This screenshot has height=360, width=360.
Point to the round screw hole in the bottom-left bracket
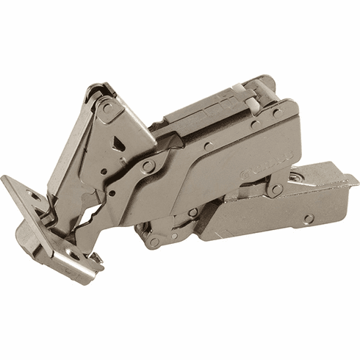coord(73,255)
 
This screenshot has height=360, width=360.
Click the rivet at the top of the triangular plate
coord(107,108)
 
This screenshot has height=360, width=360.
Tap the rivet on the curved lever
coord(149,168)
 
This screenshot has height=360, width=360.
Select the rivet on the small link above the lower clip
coord(276,189)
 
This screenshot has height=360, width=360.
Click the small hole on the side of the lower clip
coord(309,218)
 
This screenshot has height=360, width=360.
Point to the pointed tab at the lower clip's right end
coord(353,180)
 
